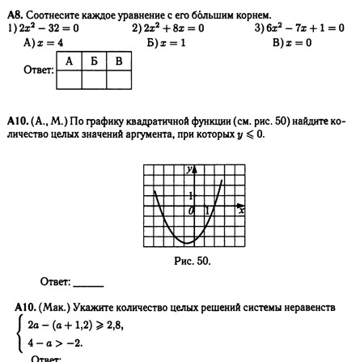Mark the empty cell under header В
pos(118,79)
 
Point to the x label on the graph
pos(240,211)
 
